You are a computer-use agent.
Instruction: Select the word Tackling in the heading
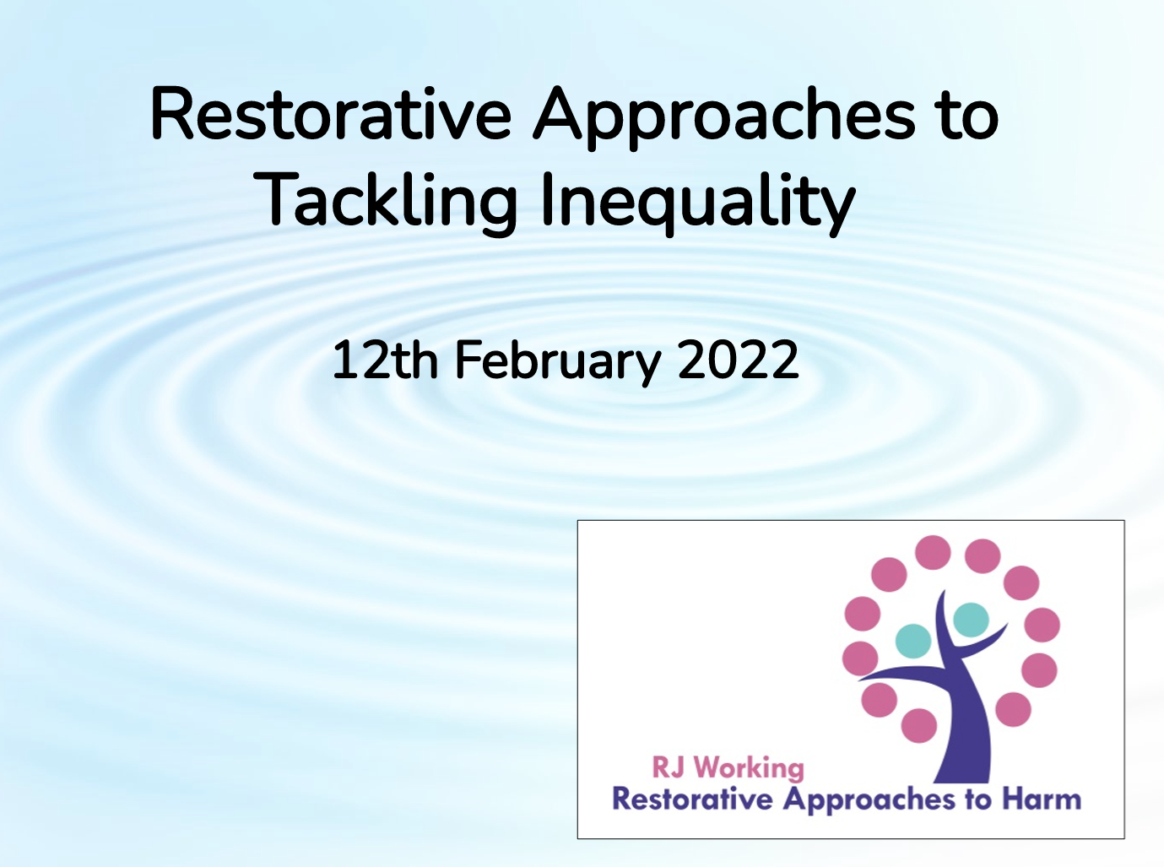click(x=389, y=201)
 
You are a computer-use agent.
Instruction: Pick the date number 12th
click(x=385, y=360)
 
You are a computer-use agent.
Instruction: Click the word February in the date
click(x=557, y=362)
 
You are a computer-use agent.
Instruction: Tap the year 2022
click(x=739, y=360)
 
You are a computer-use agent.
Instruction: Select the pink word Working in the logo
click(x=750, y=769)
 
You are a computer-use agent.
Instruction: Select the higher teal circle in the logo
click(x=971, y=620)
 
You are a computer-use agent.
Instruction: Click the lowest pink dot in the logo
click(x=919, y=726)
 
